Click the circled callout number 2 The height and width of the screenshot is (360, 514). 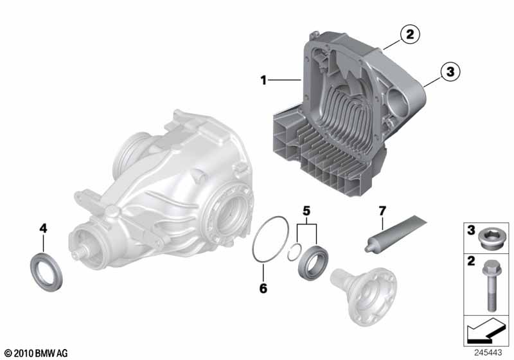[x=410, y=34]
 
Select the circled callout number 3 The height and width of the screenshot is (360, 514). [x=450, y=71]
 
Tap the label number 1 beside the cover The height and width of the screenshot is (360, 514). [x=263, y=80]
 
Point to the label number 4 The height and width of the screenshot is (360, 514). [x=43, y=228]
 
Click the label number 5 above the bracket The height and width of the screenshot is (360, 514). [x=306, y=211]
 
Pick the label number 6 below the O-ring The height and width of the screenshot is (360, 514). [x=263, y=288]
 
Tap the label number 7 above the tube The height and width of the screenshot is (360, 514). [x=382, y=211]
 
